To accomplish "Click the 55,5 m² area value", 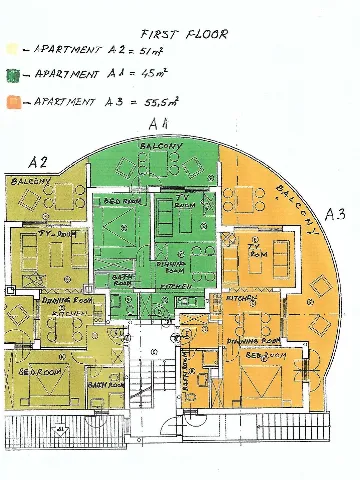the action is (x=162, y=101).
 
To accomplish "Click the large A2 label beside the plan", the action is (x=39, y=162).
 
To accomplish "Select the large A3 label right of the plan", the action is (x=335, y=213).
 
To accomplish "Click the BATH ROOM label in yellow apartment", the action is (x=105, y=383).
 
